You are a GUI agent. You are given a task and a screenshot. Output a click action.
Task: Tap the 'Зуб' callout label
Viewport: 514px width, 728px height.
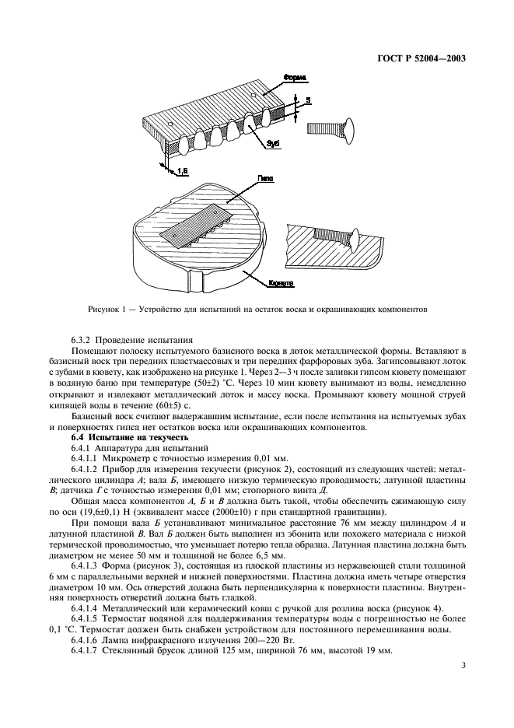click(272, 145)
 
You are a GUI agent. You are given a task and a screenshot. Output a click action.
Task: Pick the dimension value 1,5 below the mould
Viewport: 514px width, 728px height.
click(180, 170)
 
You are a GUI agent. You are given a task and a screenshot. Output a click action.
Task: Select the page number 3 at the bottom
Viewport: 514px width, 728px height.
click(463, 665)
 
